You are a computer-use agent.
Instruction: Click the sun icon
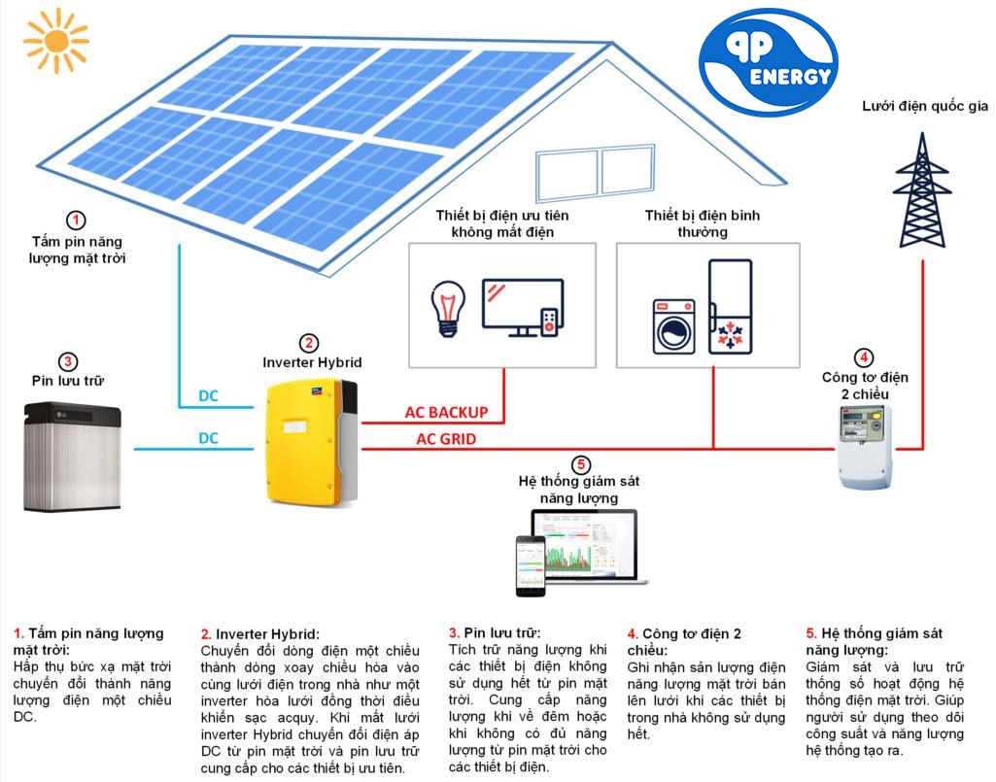coord(56,41)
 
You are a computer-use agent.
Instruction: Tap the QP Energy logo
coord(768,61)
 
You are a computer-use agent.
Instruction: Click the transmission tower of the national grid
coord(922,190)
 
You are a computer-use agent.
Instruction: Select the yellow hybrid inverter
coord(311,441)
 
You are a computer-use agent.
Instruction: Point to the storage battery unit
coord(72,457)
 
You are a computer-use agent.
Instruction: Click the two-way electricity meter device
coord(865,447)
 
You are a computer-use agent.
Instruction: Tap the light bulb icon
coord(448,309)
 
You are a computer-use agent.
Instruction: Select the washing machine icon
coord(674,326)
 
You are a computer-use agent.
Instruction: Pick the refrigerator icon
coord(731,306)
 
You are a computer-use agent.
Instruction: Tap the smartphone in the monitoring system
coord(531,566)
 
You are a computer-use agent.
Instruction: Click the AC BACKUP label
coord(447,412)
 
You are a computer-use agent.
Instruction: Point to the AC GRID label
coord(446,439)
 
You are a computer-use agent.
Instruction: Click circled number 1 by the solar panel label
coord(76,221)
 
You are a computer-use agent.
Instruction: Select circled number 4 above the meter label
coord(864,357)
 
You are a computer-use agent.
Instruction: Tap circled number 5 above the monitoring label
coord(580,464)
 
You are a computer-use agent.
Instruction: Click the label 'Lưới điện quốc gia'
coord(924,106)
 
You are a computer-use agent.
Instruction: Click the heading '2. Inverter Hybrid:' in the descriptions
coord(260,634)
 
